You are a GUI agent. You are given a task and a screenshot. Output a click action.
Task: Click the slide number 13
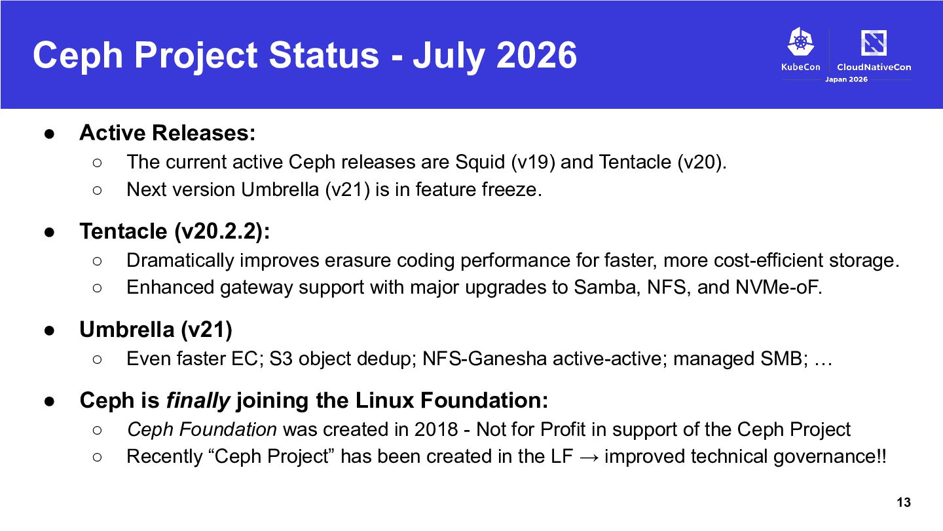point(904,502)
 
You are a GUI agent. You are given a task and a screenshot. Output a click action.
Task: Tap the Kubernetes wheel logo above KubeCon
point(800,41)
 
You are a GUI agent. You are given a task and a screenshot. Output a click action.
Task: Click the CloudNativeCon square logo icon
point(874,43)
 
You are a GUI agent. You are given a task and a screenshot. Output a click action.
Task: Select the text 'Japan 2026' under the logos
point(846,79)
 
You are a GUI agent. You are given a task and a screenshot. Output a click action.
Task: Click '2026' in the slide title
point(536,55)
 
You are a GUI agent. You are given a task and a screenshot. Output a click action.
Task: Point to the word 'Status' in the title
point(324,55)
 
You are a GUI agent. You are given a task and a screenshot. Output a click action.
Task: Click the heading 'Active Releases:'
point(168,132)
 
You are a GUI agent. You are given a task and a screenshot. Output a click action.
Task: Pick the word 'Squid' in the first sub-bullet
point(480,163)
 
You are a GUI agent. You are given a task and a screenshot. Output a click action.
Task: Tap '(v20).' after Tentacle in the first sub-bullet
point(702,163)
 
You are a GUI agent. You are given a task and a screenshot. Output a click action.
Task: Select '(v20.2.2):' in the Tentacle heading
point(222,231)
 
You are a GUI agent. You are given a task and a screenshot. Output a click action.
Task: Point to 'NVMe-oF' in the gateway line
point(777,287)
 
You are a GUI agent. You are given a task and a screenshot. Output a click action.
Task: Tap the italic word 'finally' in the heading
point(198,401)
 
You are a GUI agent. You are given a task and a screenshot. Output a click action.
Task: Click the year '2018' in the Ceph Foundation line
point(436,429)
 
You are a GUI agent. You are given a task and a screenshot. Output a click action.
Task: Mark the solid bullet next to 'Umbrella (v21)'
point(49,330)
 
